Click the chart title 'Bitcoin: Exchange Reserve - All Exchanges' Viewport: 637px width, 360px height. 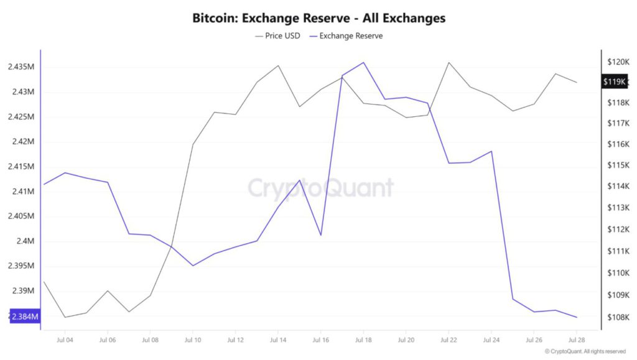(x=318, y=18)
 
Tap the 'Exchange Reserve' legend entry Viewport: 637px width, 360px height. (x=351, y=36)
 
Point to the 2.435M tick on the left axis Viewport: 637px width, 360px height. (x=21, y=67)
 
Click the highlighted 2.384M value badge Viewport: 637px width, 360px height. (x=24, y=317)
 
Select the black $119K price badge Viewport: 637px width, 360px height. (x=615, y=81)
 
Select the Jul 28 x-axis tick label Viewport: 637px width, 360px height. (x=577, y=340)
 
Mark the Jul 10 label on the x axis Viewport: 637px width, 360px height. (x=193, y=340)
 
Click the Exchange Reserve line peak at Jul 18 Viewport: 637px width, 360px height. (x=363, y=62)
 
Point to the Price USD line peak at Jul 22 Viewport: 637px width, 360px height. (x=449, y=62)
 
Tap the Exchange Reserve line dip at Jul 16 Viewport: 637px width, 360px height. (x=320, y=235)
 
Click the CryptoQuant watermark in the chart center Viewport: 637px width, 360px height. (x=321, y=188)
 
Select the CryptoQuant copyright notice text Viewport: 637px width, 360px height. (x=585, y=352)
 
